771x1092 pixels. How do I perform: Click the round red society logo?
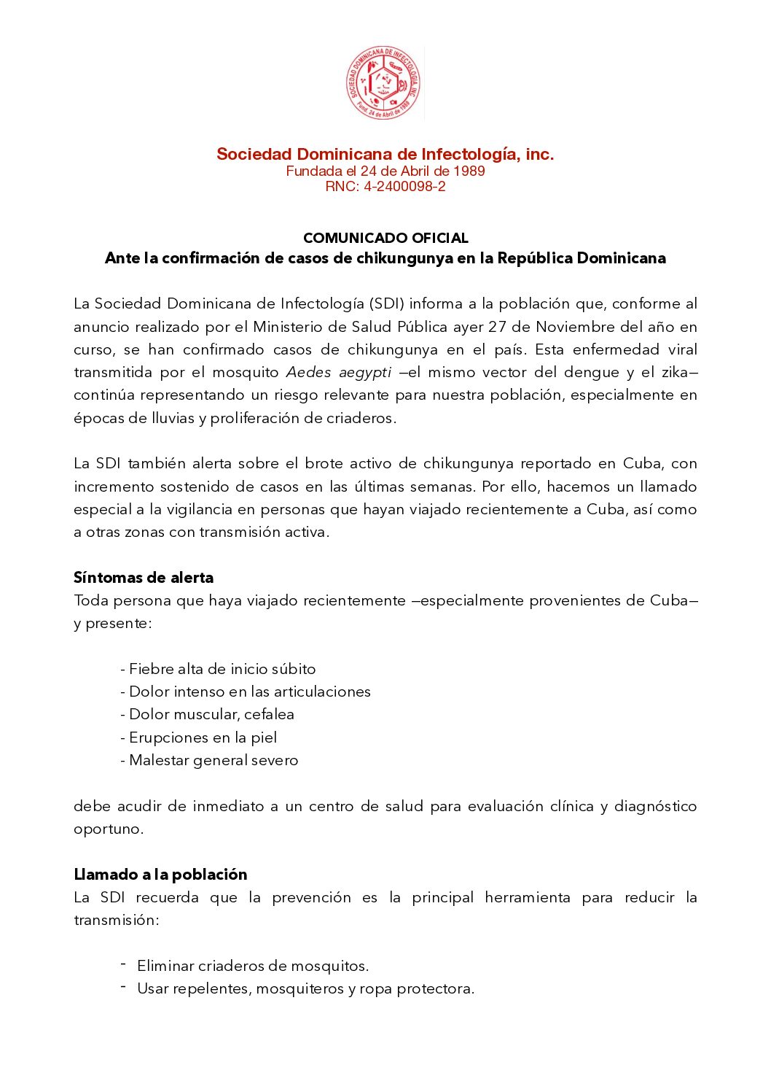click(x=383, y=83)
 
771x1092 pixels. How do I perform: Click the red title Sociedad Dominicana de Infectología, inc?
click(x=385, y=154)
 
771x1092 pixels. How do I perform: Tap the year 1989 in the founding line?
click(x=469, y=171)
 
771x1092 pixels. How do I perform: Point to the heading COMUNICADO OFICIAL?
click(x=385, y=238)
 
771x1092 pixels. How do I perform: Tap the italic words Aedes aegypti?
click(x=338, y=373)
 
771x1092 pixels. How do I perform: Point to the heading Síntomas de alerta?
click(x=144, y=578)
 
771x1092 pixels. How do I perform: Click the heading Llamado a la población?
click(x=160, y=875)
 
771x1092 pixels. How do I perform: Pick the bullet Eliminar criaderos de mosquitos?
click(x=253, y=966)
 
